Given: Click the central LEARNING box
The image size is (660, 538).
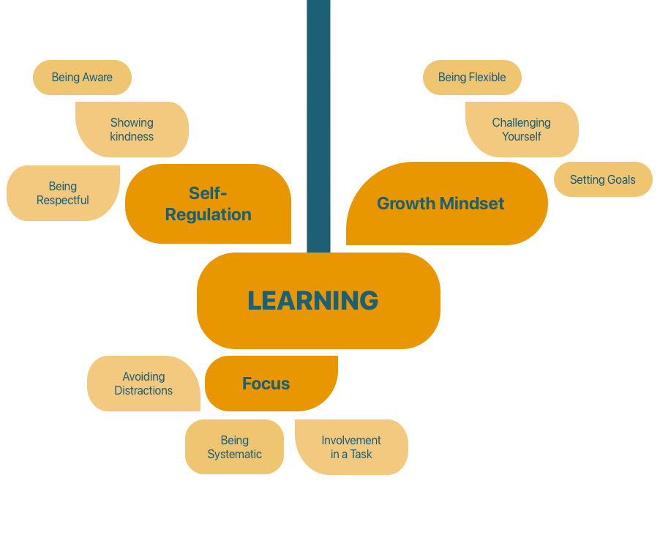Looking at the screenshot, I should click(x=318, y=301).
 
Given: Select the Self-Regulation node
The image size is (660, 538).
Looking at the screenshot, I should click(x=209, y=203).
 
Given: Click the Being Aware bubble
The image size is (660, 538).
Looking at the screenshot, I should click(x=82, y=78).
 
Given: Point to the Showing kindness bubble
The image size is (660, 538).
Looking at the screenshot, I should click(x=132, y=130).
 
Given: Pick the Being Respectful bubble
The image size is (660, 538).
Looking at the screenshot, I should click(x=63, y=193).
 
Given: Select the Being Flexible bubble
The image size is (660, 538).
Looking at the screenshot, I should click(x=472, y=78).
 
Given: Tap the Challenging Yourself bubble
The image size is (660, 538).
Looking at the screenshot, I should click(x=522, y=130).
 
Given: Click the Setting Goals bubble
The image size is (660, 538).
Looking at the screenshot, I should click(x=603, y=179).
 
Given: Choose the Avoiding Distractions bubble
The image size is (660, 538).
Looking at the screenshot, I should click(x=143, y=384).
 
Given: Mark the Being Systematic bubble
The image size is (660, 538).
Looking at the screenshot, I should click(x=234, y=447).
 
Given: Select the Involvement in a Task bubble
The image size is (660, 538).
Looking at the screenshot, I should click(x=351, y=447).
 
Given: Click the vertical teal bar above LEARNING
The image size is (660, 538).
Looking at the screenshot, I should click(x=318, y=124).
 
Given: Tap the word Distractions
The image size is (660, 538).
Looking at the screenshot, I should click(x=143, y=391).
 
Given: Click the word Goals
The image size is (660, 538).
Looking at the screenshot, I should click(x=621, y=179).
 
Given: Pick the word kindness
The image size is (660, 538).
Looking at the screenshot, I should click(x=132, y=137).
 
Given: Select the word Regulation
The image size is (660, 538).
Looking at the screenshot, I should click(x=209, y=214).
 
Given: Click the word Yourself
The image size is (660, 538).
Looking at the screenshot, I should click(x=522, y=137).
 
